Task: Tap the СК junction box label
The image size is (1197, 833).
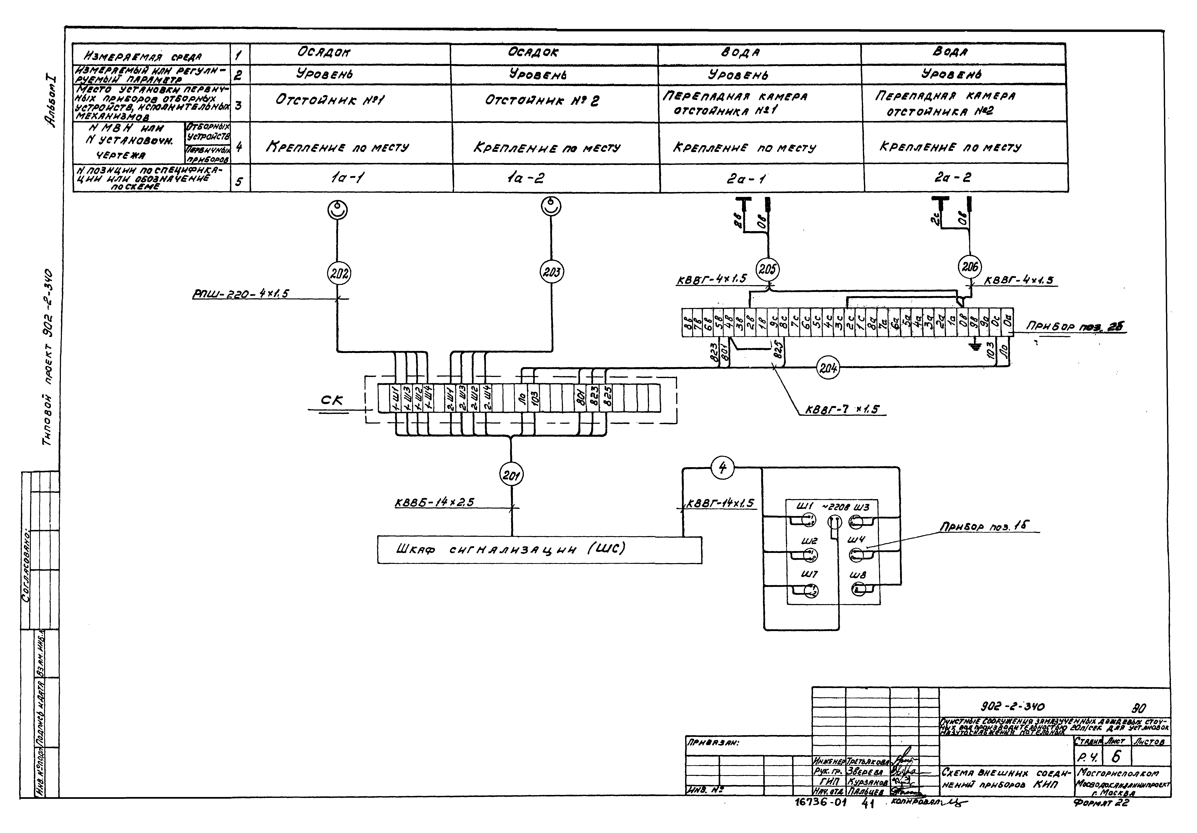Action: click(x=332, y=400)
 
